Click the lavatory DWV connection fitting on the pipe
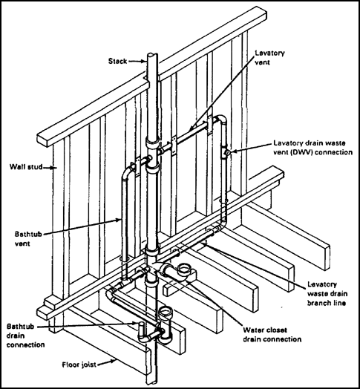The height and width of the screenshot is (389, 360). (226, 153)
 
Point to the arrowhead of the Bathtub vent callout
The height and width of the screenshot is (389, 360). (122, 220)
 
